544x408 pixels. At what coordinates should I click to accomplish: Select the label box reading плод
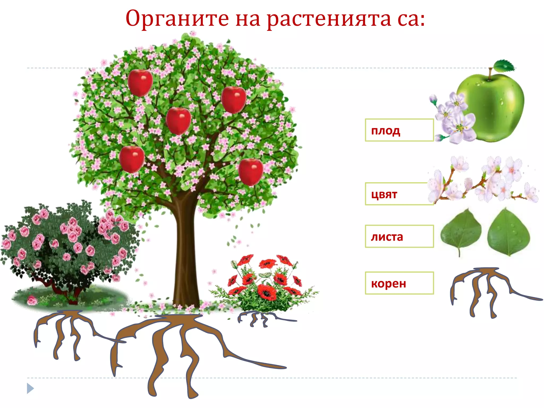click(x=399, y=130)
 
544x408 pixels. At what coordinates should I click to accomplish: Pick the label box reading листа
click(x=399, y=236)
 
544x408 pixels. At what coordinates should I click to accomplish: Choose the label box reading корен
click(x=399, y=283)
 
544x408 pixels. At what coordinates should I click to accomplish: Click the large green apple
click(x=494, y=106)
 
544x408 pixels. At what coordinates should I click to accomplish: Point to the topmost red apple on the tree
click(x=140, y=83)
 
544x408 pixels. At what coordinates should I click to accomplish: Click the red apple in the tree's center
click(x=178, y=121)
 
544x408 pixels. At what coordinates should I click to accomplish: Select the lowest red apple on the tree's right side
click(x=250, y=172)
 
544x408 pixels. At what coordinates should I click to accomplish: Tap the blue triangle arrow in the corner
click(x=30, y=389)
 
